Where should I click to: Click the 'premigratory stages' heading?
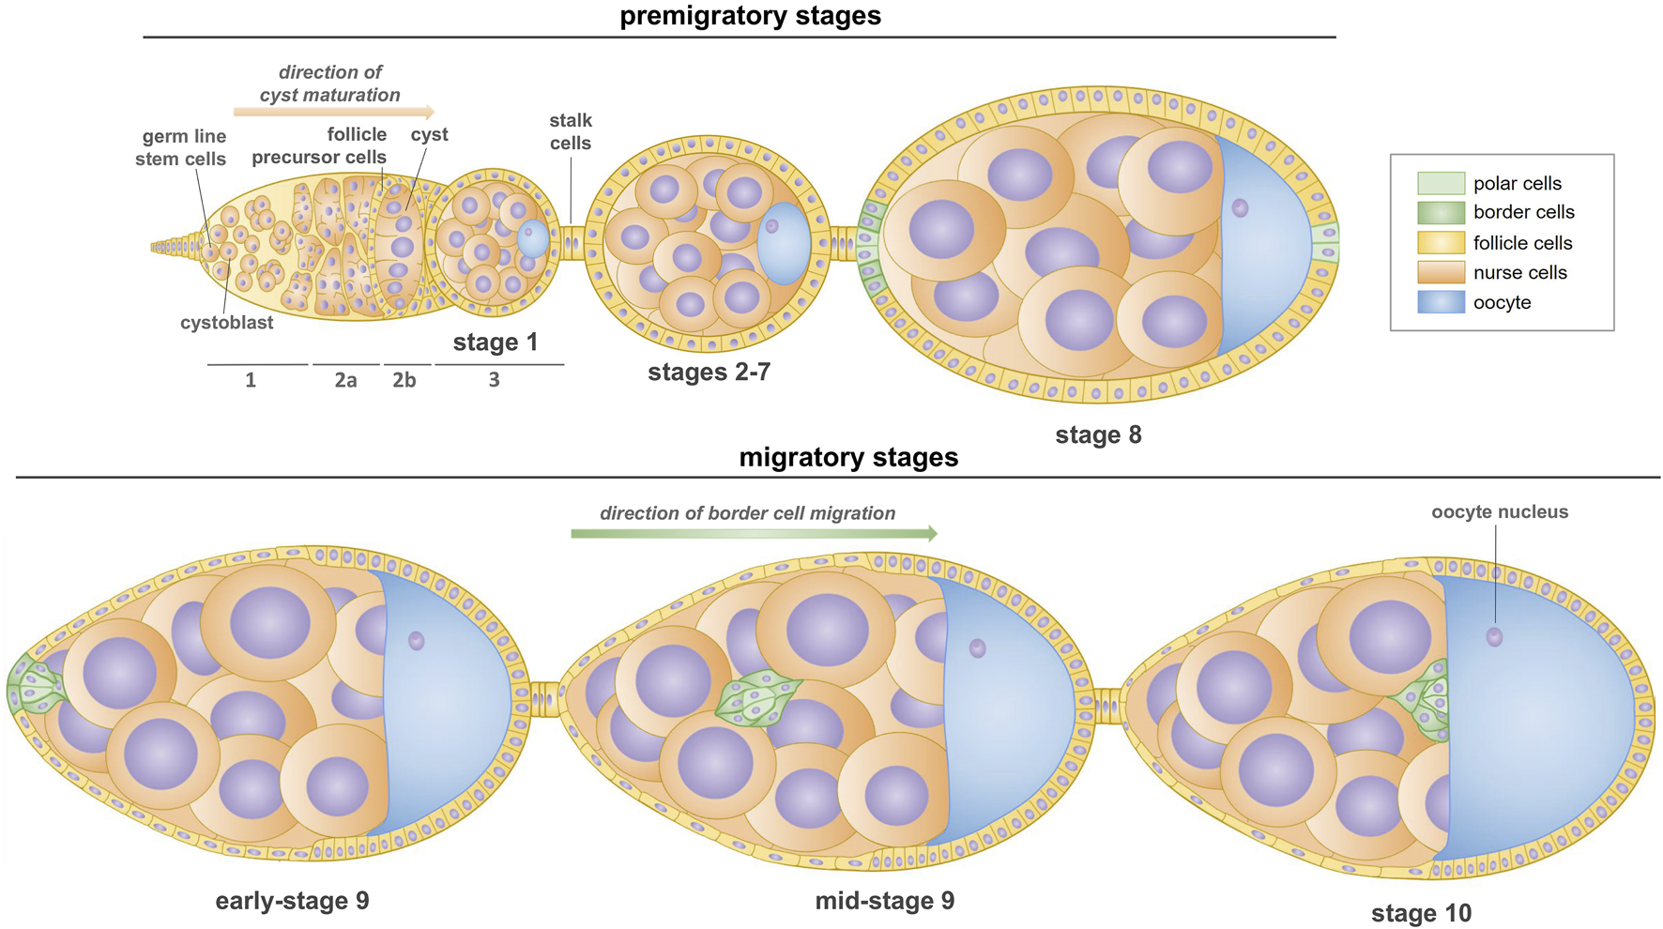pos(750,16)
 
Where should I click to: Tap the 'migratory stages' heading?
pos(848,457)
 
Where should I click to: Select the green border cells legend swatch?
pos(1441,213)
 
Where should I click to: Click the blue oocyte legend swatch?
pos(1441,302)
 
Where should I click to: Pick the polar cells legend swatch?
pos(1441,183)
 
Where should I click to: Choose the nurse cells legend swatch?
pos(1441,272)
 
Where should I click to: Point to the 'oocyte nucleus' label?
pos(1500,512)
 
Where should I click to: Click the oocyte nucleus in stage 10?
pos(1494,637)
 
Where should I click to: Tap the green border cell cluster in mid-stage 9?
pos(758,700)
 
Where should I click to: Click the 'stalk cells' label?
pos(571,131)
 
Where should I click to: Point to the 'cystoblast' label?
pos(226,323)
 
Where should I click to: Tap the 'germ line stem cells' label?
pos(181,147)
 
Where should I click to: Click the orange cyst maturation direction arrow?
pos(333,113)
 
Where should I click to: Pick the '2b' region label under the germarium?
pos(404,380)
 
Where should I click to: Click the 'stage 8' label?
pos(1098,435)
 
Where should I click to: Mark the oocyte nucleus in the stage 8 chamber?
pos(1240,207)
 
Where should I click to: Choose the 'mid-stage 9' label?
pos(884,901)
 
